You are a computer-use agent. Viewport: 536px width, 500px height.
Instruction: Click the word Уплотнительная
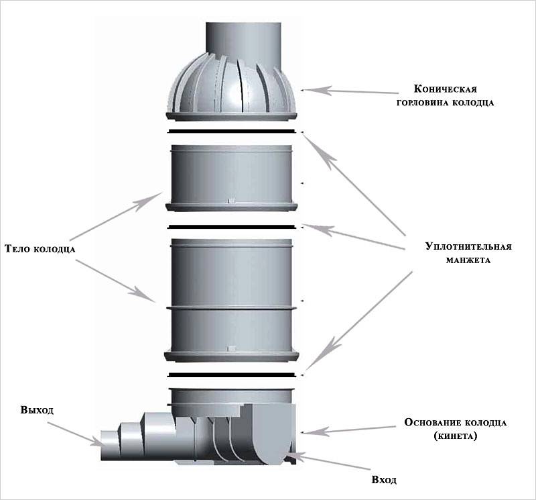(x=468, y=246)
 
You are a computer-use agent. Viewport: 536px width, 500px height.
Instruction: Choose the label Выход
(x=37, y=410)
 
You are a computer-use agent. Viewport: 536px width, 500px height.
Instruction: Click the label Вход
(x=383, y=481)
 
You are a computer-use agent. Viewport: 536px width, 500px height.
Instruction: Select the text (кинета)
(x=456, y=437)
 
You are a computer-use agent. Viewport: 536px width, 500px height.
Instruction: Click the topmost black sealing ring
(x=232, y=130)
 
